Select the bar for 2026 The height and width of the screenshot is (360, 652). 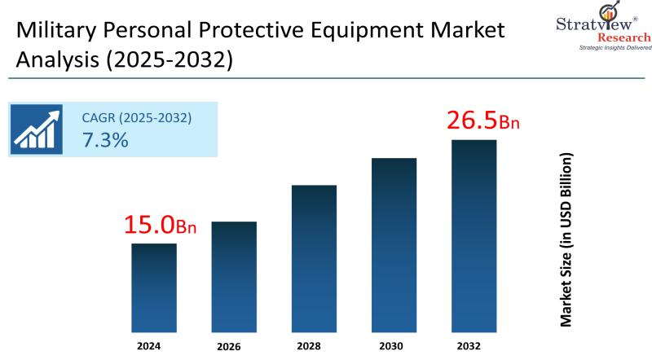coord(234,276)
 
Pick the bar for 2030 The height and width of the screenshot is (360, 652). coord(394,244)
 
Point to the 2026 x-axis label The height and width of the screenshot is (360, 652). coord(229,345)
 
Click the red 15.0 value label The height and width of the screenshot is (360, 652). coord(160,226)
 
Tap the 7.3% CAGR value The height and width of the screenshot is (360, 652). coord(105,139)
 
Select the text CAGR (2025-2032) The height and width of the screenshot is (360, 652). coord(137,117)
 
